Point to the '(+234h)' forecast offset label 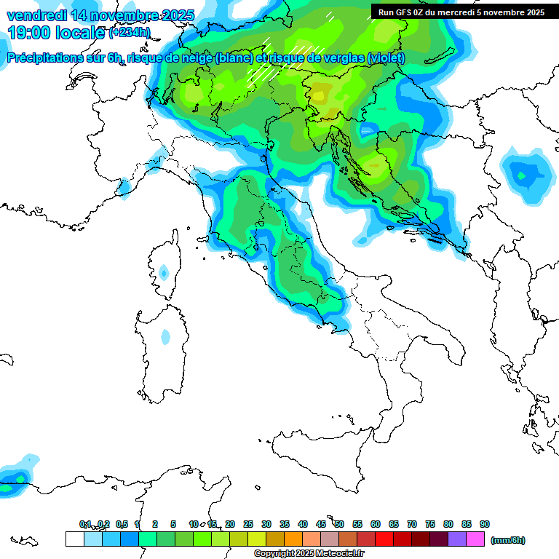click(130, 33)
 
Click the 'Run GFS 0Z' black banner click(461, 12)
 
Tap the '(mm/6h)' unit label click(507, 540)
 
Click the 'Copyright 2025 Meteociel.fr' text click(309, 554)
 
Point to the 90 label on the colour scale click(485, 524)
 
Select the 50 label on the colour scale click(339, 524)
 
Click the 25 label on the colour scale click(248, 524)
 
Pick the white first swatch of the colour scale click(74, 539)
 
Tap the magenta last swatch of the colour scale click(475, 539)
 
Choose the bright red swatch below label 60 click(384, 539)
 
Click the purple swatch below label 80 click(457, 539)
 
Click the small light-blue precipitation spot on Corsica click(164, 273)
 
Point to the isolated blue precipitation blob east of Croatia click(523, 175)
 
